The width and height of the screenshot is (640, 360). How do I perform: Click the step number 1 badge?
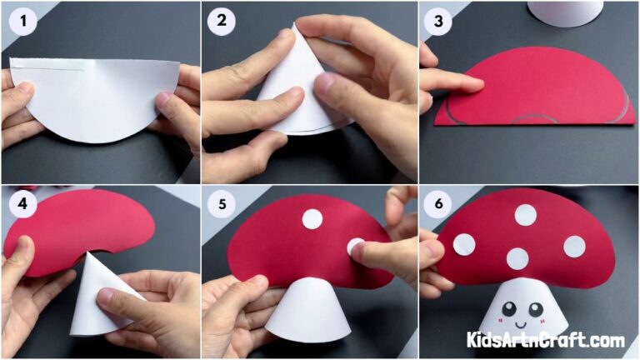pos(23,22)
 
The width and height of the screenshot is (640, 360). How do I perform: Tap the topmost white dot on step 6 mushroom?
pos(525,215)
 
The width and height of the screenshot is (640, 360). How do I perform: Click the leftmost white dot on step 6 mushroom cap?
pos(464,244)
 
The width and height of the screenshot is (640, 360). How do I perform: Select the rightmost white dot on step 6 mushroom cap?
pos(574,246)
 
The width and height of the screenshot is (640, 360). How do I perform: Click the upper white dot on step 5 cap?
pos(312,219)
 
